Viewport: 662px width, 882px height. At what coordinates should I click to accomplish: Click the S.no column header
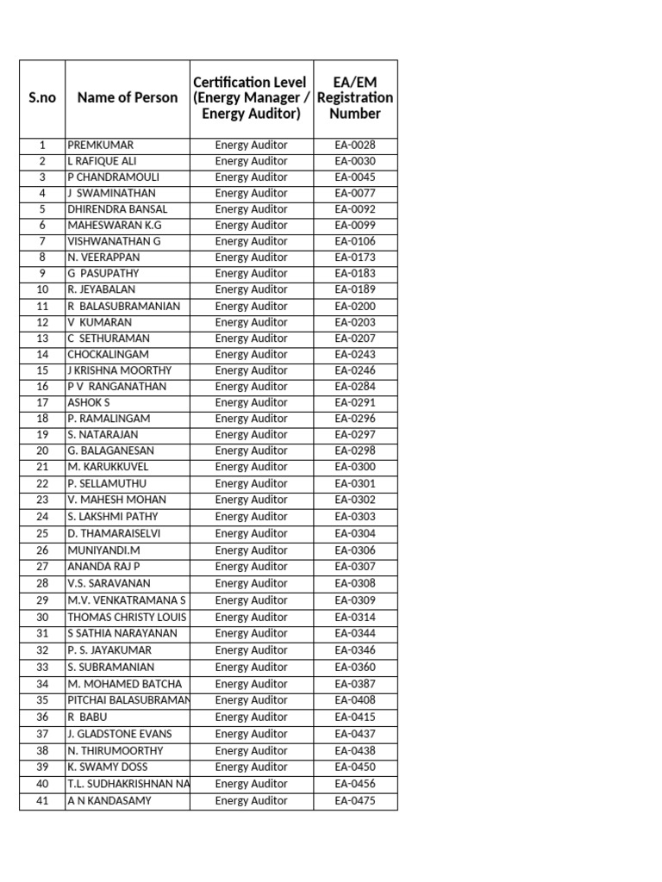click(41, 98)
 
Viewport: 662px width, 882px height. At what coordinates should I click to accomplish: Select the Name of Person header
click(128, 98)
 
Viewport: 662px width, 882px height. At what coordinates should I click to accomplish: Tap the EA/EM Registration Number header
click(355, 97)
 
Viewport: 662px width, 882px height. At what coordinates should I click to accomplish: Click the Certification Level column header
click(251, 97)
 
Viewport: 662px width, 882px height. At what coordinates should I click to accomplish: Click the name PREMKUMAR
click(101, 146)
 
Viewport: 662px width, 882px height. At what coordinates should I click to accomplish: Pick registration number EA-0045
click(355, 177)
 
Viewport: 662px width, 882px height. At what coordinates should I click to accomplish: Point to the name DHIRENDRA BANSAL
click(117, 209)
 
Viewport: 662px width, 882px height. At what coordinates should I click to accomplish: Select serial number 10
click(42, 289)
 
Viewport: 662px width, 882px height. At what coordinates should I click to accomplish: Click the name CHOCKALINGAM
click(108, 354)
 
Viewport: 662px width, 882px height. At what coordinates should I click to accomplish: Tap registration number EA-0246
click(355, 370)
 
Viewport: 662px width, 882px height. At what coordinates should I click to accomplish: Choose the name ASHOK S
click(89, 402)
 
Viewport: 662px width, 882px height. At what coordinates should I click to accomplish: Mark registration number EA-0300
click(355, 467)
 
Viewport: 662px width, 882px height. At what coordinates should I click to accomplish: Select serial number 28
click(42, 583)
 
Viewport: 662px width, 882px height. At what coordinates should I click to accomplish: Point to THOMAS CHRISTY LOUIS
click(127, 617)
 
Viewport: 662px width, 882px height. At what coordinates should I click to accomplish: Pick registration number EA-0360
click(355, 667)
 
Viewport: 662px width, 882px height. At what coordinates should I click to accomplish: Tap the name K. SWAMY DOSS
click(107, 767)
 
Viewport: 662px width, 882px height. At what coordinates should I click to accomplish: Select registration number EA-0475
click(355, 801)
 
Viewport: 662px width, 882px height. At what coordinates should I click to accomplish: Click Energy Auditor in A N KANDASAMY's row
click(251, 801)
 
